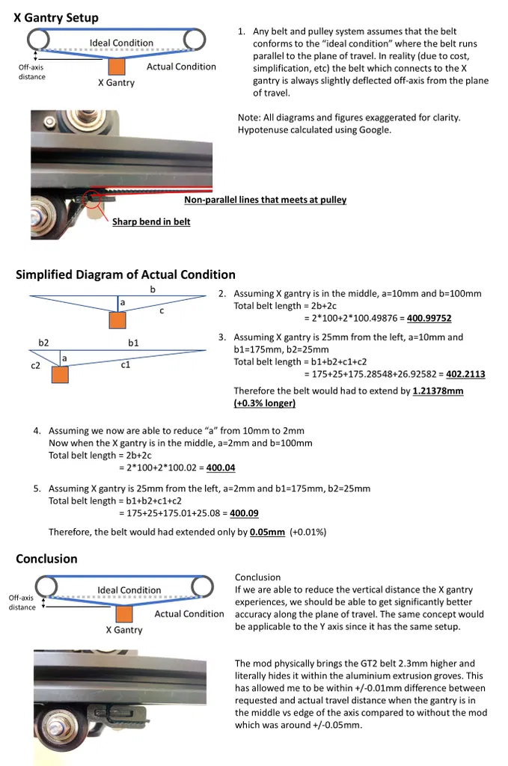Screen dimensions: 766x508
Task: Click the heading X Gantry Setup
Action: click(56, 17)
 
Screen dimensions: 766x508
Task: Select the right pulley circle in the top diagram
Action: click(196, 38)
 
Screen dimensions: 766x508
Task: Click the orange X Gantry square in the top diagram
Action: click(116, 65)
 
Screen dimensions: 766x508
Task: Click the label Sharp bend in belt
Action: click(151, 221)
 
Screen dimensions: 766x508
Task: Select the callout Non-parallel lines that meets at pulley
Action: click(265, 200)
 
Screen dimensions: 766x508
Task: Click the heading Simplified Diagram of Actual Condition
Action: click(125, 275)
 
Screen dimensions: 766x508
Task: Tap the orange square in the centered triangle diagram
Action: click(117, 320)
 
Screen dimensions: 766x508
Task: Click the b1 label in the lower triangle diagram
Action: click(134, 343)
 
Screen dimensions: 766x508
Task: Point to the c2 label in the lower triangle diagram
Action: click(35, 366)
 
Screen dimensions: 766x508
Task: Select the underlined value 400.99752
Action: click(429, 318)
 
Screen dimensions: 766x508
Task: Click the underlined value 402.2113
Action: click(465, 374)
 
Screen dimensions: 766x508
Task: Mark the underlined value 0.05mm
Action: click(267, 532)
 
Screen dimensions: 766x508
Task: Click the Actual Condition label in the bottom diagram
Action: click(189, 613)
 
